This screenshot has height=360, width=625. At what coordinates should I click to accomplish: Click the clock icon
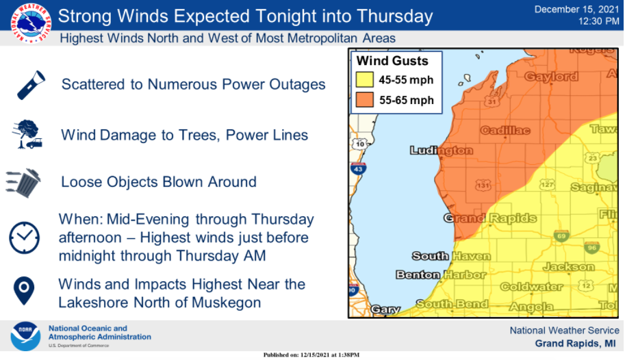(24, 237)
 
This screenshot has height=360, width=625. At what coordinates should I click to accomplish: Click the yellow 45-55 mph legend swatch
(364, 80)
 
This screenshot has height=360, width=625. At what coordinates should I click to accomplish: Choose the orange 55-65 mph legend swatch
(364, 100)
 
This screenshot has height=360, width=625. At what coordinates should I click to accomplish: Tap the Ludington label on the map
(441, 150)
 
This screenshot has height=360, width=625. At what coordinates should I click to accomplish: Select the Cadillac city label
(505, 130)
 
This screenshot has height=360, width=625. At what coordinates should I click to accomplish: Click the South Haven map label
(450, 256)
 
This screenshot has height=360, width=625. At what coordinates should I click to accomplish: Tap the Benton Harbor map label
(441, 274)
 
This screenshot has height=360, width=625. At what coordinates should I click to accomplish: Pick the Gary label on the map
(385, 309)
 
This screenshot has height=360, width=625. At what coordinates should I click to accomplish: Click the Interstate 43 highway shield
(357, 168)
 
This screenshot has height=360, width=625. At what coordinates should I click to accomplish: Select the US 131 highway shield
(483, 185)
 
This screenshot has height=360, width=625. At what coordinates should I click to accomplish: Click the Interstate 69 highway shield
(561, 235)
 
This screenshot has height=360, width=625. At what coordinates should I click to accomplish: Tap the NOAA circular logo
(25, 336)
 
